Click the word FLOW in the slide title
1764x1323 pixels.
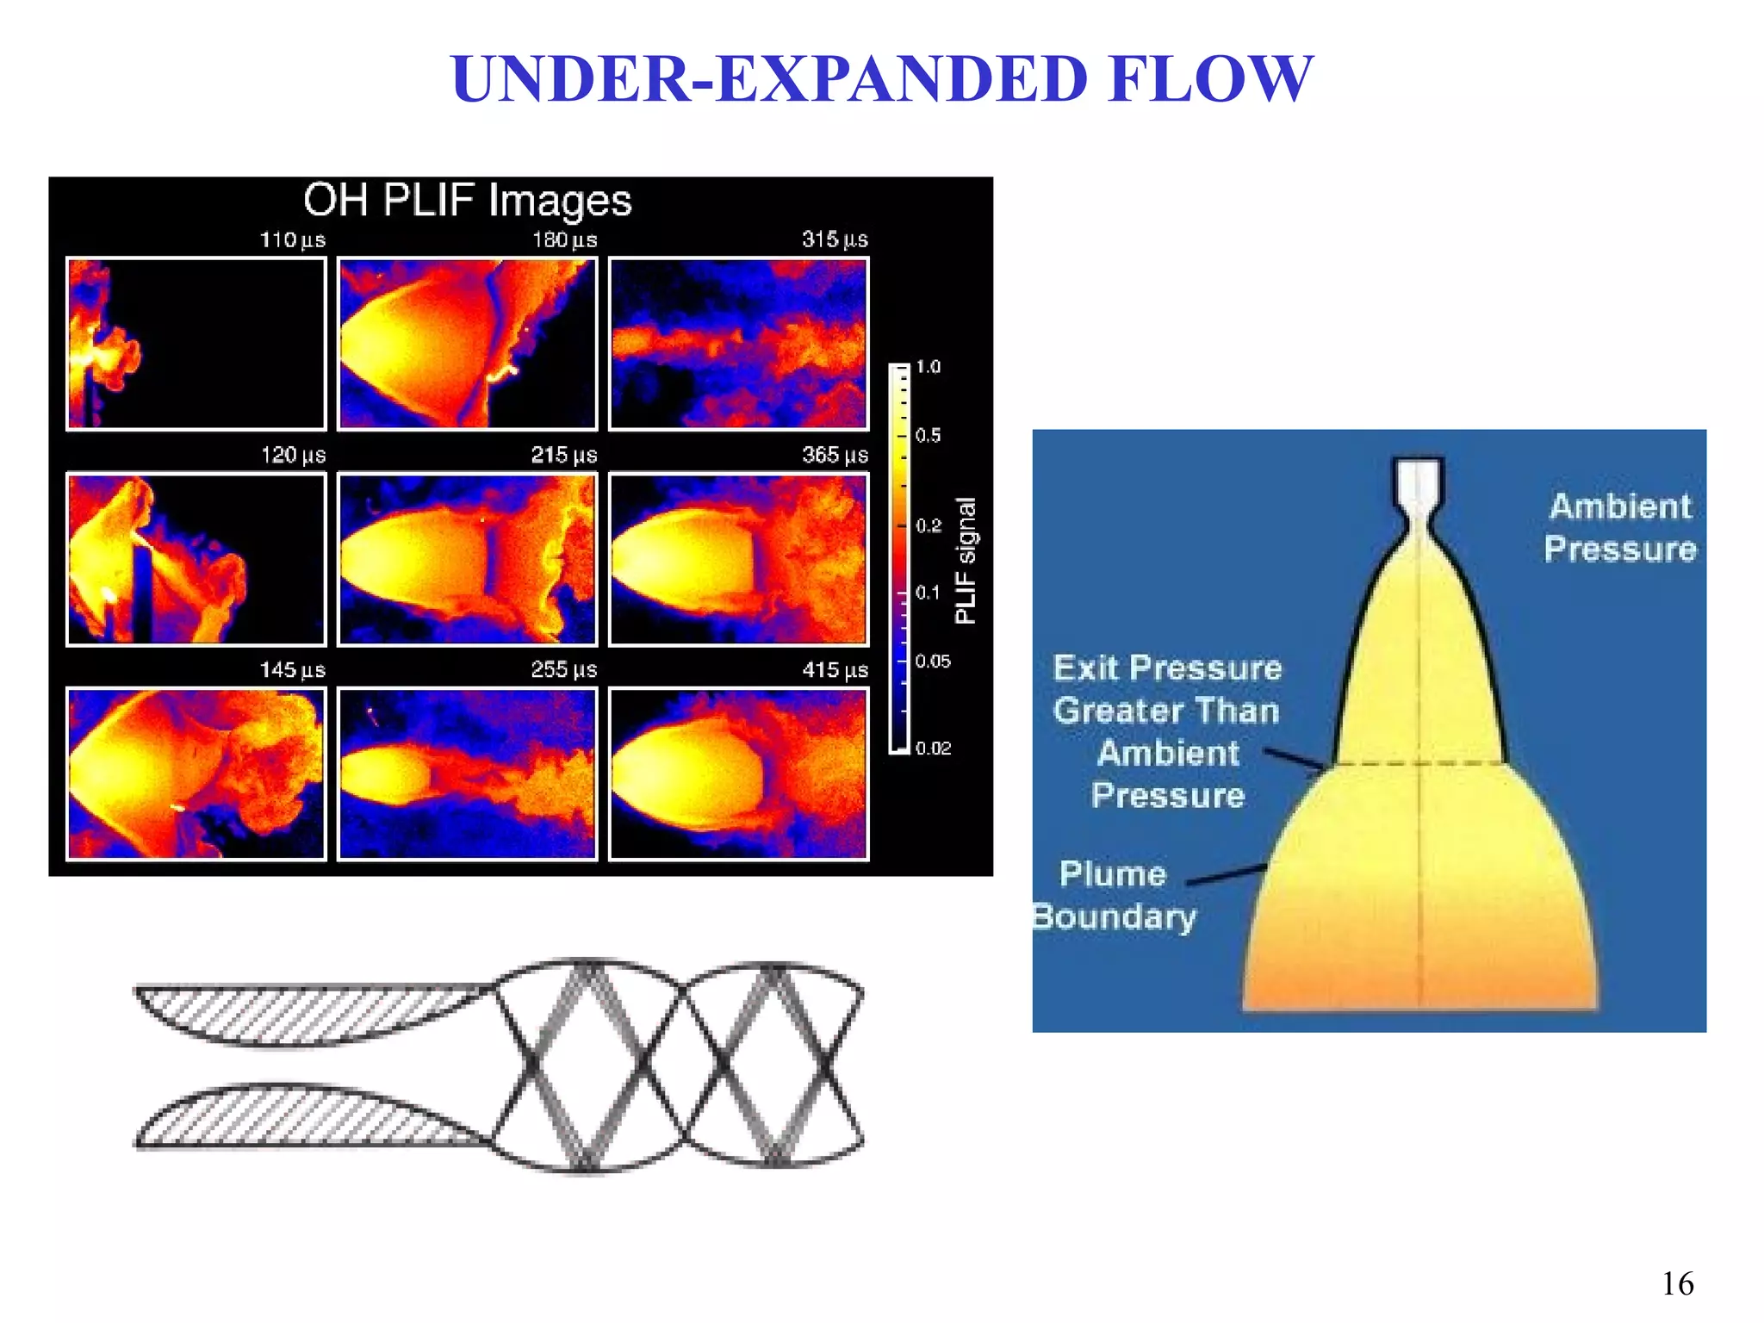point(1210,79)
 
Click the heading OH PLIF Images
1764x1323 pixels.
point(468,201)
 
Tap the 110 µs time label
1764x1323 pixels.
point(292,240)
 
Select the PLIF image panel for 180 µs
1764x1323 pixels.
point(467,344)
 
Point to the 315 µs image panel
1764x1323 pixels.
point(738,344)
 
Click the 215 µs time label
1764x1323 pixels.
point(563,455)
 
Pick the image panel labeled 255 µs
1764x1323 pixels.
point(467,773)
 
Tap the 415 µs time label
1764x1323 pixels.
point(835,670)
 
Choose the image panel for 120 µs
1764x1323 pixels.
point(196,559)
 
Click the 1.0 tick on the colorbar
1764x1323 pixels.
point(928,367)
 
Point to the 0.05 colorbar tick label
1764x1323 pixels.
point(933,661)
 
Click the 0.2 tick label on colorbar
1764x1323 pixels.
point(929,525)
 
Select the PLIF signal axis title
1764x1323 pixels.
point(966,560)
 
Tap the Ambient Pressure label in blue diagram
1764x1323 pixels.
point(1619,527)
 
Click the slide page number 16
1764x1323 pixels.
point(1677,1284)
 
